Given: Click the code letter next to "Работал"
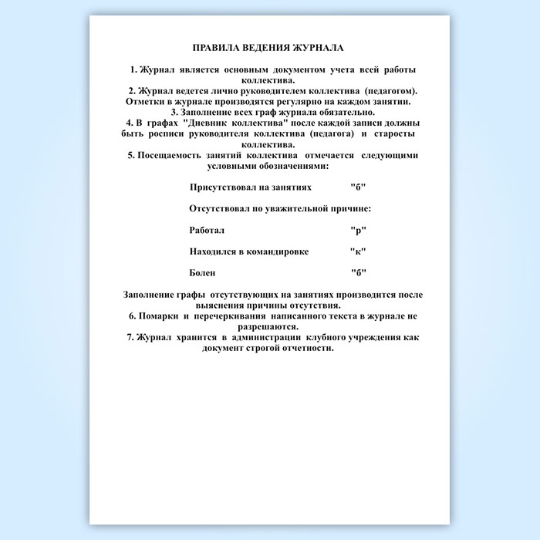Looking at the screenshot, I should (358, 230).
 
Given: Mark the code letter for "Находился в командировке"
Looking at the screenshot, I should (358, 251).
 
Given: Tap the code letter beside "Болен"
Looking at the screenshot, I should (358, 273).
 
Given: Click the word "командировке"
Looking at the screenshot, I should (278, 251).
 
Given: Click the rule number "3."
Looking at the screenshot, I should (175, 112).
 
